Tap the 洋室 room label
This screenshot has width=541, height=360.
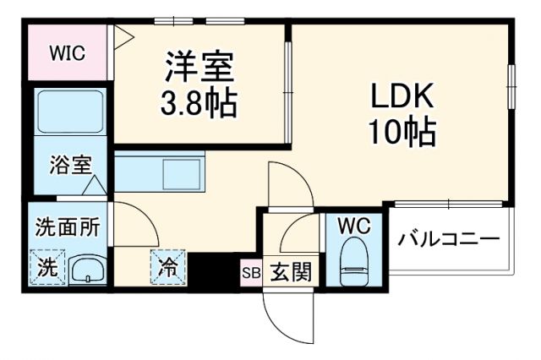coord(199,65)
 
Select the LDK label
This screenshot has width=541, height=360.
coord(400,95)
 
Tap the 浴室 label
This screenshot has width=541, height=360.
coord(70,164)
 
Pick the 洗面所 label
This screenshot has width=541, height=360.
coord(68,226)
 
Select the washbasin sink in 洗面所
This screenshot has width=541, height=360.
coord(86,270)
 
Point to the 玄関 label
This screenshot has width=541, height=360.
coord(290,272)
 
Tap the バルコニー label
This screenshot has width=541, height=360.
coord(450,239)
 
